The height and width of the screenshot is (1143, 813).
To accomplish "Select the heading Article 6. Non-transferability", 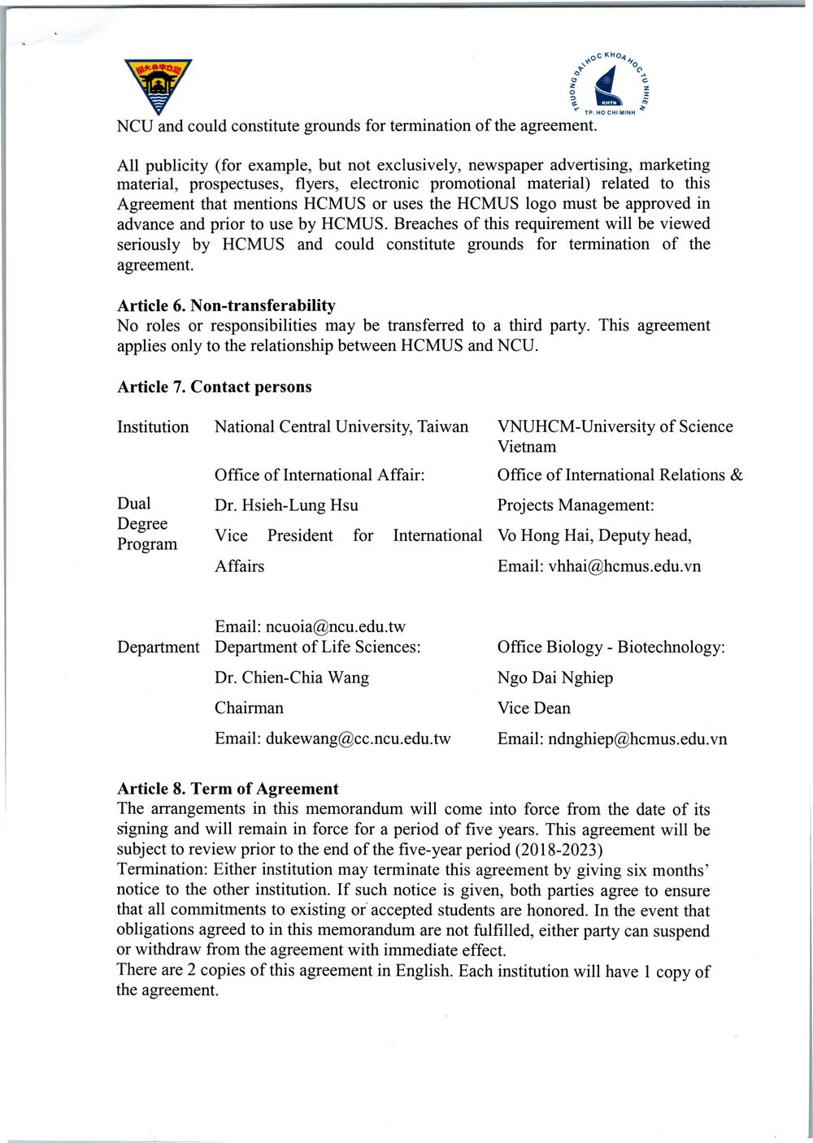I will (x=226, y=305).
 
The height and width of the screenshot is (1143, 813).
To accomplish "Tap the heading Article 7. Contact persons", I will (x=214, y=387).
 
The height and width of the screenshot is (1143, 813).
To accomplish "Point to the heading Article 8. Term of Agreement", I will (x=228, y=789).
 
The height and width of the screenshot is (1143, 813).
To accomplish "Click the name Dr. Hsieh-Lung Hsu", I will (x=286, y=505).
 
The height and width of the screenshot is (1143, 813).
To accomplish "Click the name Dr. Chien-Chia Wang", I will (x=292, y=678).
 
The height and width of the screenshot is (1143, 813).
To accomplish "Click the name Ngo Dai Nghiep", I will (x=555, y=678).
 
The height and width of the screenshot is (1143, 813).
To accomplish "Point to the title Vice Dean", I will (x=534, y=708).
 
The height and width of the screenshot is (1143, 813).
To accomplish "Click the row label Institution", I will (x=153, y=427).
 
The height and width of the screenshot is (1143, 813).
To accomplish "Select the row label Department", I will (x=158, y=647).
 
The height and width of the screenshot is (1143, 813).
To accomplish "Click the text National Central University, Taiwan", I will (x=341, y=427).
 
